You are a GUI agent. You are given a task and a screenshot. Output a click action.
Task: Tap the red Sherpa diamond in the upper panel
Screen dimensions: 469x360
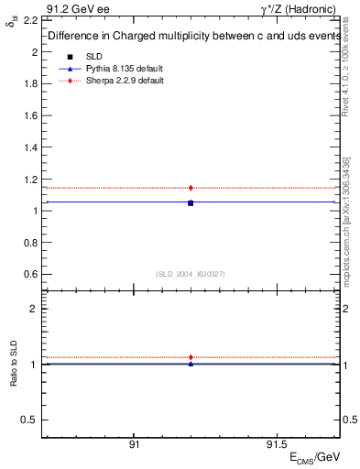(x=191, y=188)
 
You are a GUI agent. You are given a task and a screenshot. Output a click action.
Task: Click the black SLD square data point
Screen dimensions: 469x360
(x=191, y=202)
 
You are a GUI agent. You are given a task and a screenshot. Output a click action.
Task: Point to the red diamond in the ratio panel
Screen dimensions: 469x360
(x=191, y=357)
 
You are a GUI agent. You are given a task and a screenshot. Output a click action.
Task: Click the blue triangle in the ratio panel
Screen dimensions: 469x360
(x=191, y=364)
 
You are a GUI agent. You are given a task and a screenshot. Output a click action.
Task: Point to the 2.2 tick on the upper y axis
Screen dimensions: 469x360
(x=30, y=20)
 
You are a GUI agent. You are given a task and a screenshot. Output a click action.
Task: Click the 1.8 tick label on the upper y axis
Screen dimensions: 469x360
(x=30, y=83)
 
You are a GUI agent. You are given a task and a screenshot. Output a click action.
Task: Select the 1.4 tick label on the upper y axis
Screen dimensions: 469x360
(x=30, y=147)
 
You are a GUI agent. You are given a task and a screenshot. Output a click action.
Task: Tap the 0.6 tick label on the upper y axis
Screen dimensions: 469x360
(x=30, y=274)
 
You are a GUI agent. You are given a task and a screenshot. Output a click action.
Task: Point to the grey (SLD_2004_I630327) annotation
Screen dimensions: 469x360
(x=191, y=274)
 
